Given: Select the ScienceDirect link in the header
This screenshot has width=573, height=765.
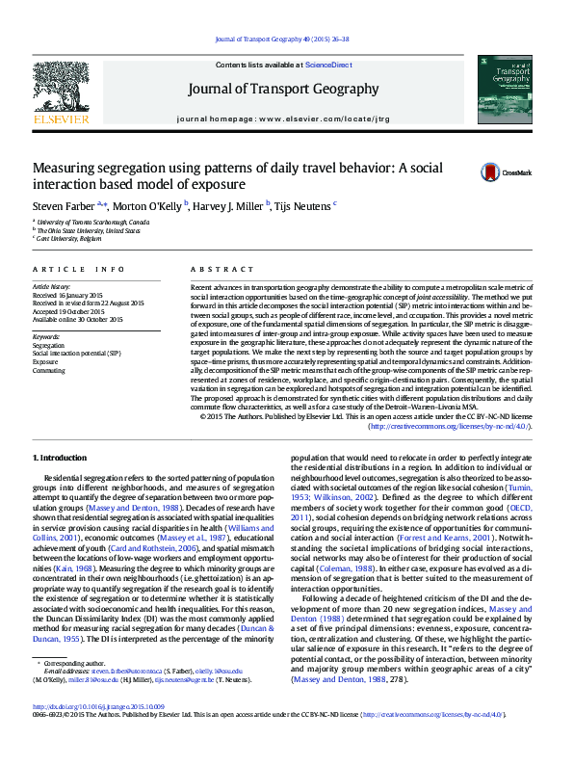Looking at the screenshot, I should pos(328,65).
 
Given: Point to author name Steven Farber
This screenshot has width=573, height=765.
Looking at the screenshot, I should pos(64,205).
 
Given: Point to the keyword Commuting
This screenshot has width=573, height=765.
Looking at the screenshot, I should pos(49,370).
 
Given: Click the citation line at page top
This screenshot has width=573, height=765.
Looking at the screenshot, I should pos(286,40).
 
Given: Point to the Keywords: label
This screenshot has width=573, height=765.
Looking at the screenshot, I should pos(48,335).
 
